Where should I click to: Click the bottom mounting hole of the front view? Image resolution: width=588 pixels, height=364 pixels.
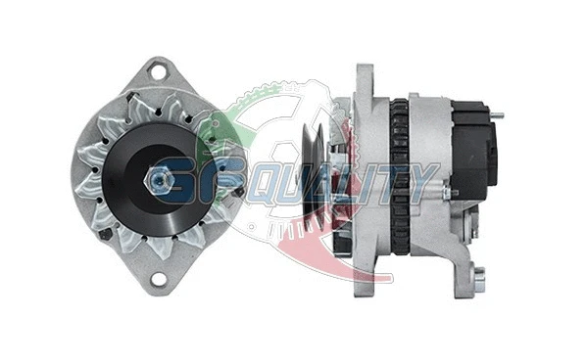156,290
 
